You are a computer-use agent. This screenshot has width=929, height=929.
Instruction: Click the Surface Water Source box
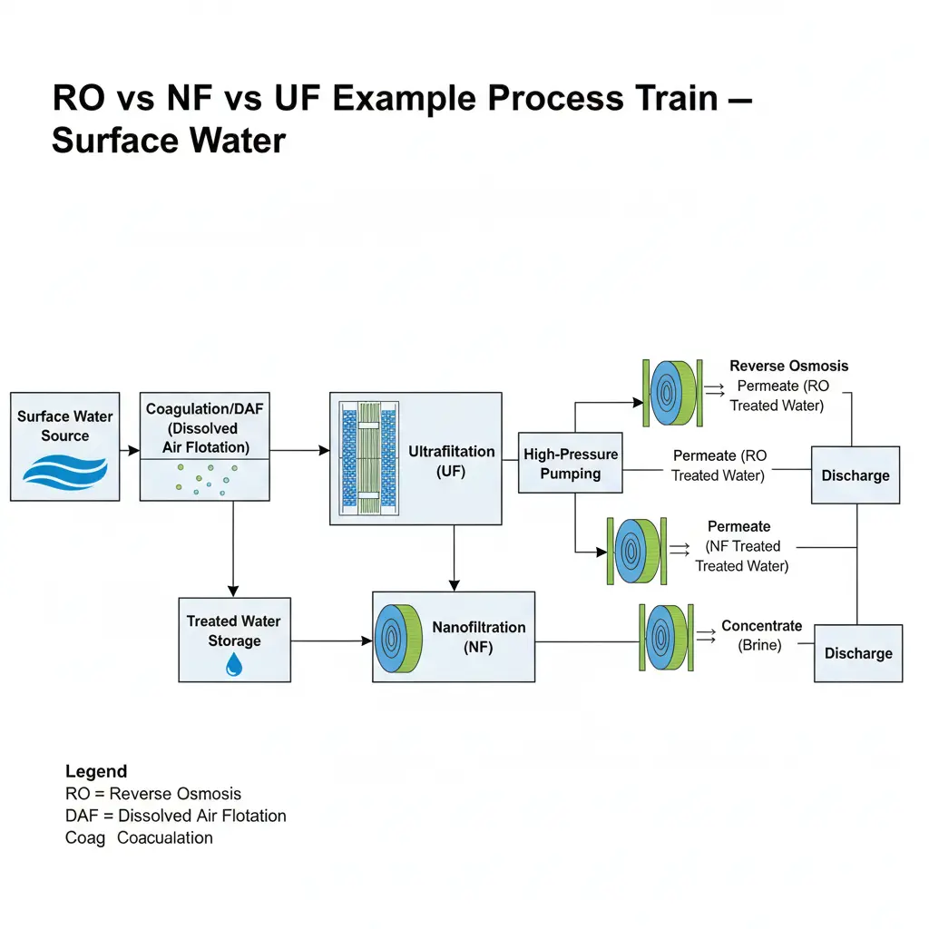(64, 446)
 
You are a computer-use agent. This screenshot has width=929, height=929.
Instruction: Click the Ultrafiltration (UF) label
(451, 460)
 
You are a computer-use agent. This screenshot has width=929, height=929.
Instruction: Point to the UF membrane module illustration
(368, 459)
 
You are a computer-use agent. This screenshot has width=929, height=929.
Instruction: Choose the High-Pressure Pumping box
(570, 463)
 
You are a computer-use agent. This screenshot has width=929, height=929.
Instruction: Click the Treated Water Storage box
(234, 639)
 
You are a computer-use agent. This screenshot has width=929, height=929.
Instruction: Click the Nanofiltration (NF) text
(478, 637)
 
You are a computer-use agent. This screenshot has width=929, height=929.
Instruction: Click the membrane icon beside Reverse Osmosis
(671, 393)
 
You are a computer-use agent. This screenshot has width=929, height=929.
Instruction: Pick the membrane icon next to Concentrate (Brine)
(668, 638)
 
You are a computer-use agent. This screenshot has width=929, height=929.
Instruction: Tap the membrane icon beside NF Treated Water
(635, 551)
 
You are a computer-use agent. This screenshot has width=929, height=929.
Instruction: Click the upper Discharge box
(855, 475)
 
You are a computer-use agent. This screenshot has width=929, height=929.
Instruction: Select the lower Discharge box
(858, 653)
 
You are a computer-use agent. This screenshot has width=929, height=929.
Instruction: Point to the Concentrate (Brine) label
(761, 635)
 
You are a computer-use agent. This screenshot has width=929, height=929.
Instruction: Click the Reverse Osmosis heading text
(788, 366)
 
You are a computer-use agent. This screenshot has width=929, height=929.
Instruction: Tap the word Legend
(96, 772)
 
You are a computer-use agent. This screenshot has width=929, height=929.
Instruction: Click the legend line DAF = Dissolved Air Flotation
(176, 816)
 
